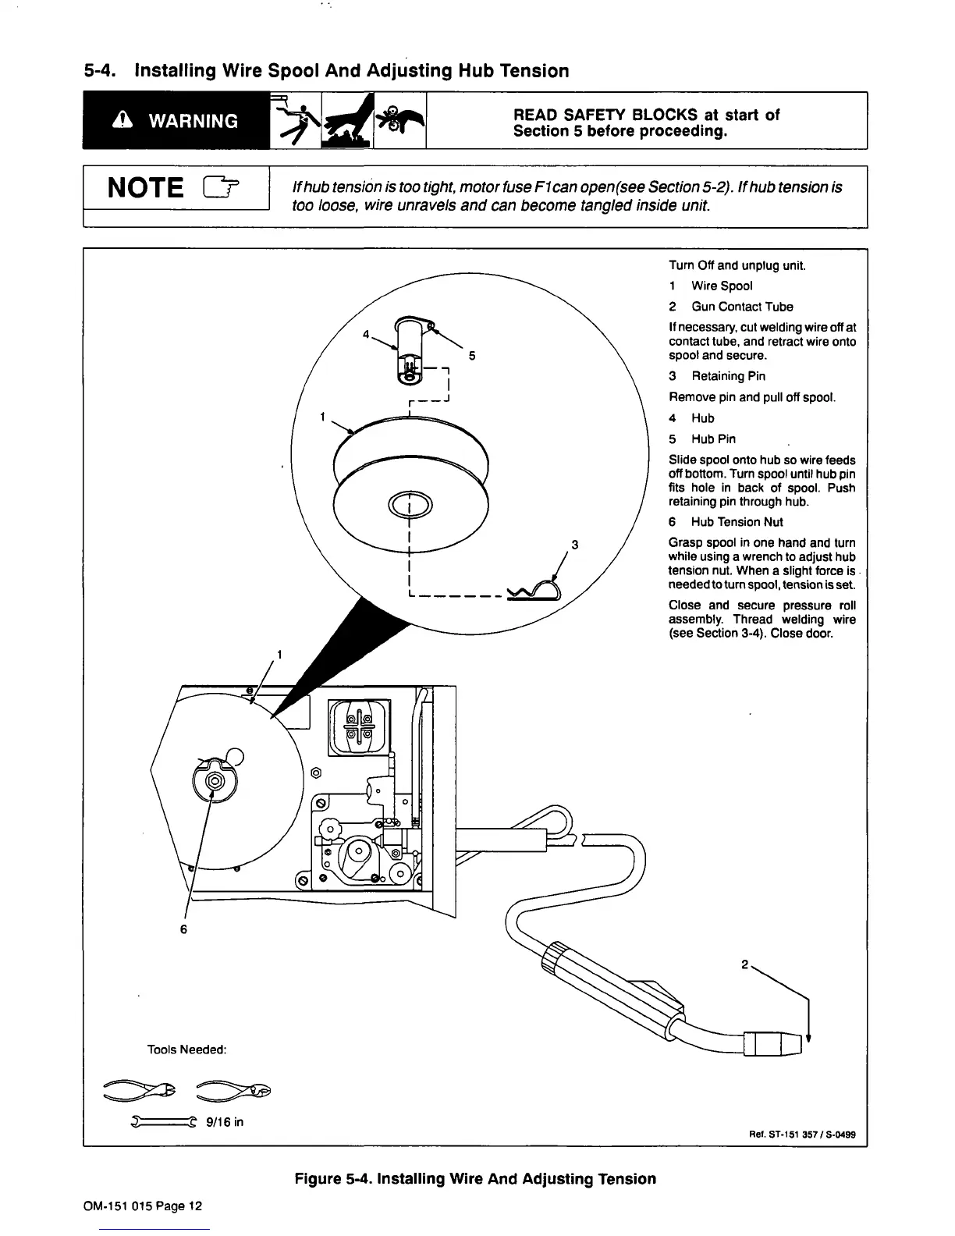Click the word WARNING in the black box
pyautogui.click(x=193, y=122)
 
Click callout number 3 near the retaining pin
pyautogui.click(x=574, y=545)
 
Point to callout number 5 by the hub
pyautogui.click(x=471, y=356)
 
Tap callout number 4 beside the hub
pyautogui.click(x=366, y=335)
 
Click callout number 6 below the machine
pyautogui.click(x=184, y=929)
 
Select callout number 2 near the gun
pyautogui.click(x=745, y=964)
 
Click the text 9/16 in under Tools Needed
pyautogui.click(x=227, y=1122)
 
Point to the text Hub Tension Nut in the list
pyautogui.click(x=737, y=522)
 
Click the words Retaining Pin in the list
pyautogui.click(x=728, y=376)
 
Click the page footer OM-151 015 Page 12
pyautogui.click(x=142, y=1206)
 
